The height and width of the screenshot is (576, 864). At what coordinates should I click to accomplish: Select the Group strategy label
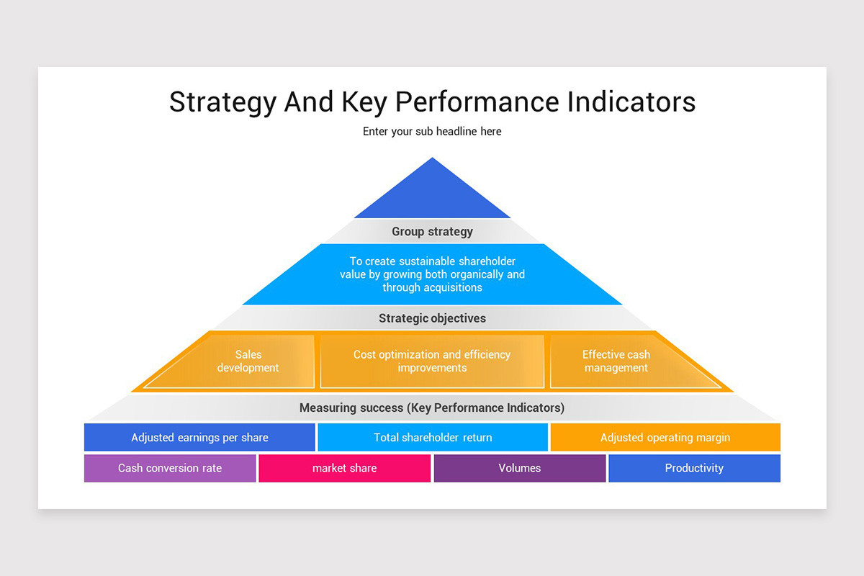click(432, 232)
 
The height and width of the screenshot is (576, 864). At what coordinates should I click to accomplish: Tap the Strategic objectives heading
click(432, 318)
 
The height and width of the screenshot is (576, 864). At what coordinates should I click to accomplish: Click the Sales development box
click(248, 361)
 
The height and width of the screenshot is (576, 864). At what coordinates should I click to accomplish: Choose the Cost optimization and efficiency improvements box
click(432, 361)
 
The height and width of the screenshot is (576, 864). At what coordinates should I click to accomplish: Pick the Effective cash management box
click(616, 361)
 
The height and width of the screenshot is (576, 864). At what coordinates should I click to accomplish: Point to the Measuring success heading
click(432, 408)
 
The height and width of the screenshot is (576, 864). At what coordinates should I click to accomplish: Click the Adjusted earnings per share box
click(199, 438)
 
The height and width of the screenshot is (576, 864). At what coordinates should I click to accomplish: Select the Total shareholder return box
click(433, 438)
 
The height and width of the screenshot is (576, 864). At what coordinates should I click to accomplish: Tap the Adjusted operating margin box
click(665, 438)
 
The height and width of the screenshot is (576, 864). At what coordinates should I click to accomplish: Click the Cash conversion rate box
click(170, 468)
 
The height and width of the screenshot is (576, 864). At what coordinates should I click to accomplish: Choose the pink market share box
click(344, 468)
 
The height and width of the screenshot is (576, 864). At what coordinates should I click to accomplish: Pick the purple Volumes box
click(519, 468)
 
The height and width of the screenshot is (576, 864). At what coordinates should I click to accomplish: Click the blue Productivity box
click(694, 468)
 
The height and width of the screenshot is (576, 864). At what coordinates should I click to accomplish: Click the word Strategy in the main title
click(222, 102)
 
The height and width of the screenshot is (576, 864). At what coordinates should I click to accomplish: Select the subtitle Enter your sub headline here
click(432, 132)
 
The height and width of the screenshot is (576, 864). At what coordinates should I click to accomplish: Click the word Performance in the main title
click(477, 102)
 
